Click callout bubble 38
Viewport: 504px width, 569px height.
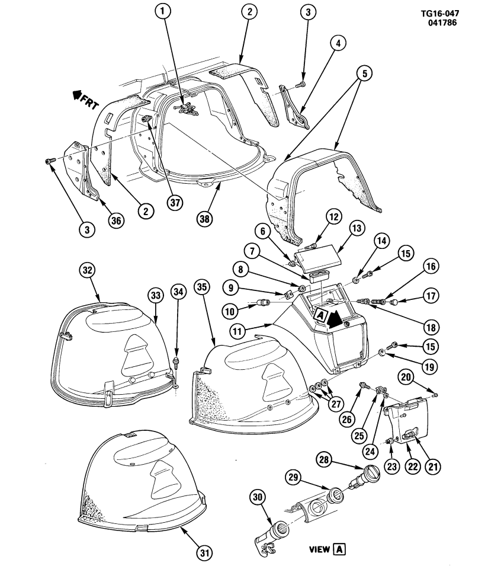(205, 218)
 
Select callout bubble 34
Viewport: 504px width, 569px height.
(178, 291)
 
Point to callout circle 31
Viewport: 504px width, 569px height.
(204, 553)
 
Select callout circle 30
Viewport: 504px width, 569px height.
(264, 497)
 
